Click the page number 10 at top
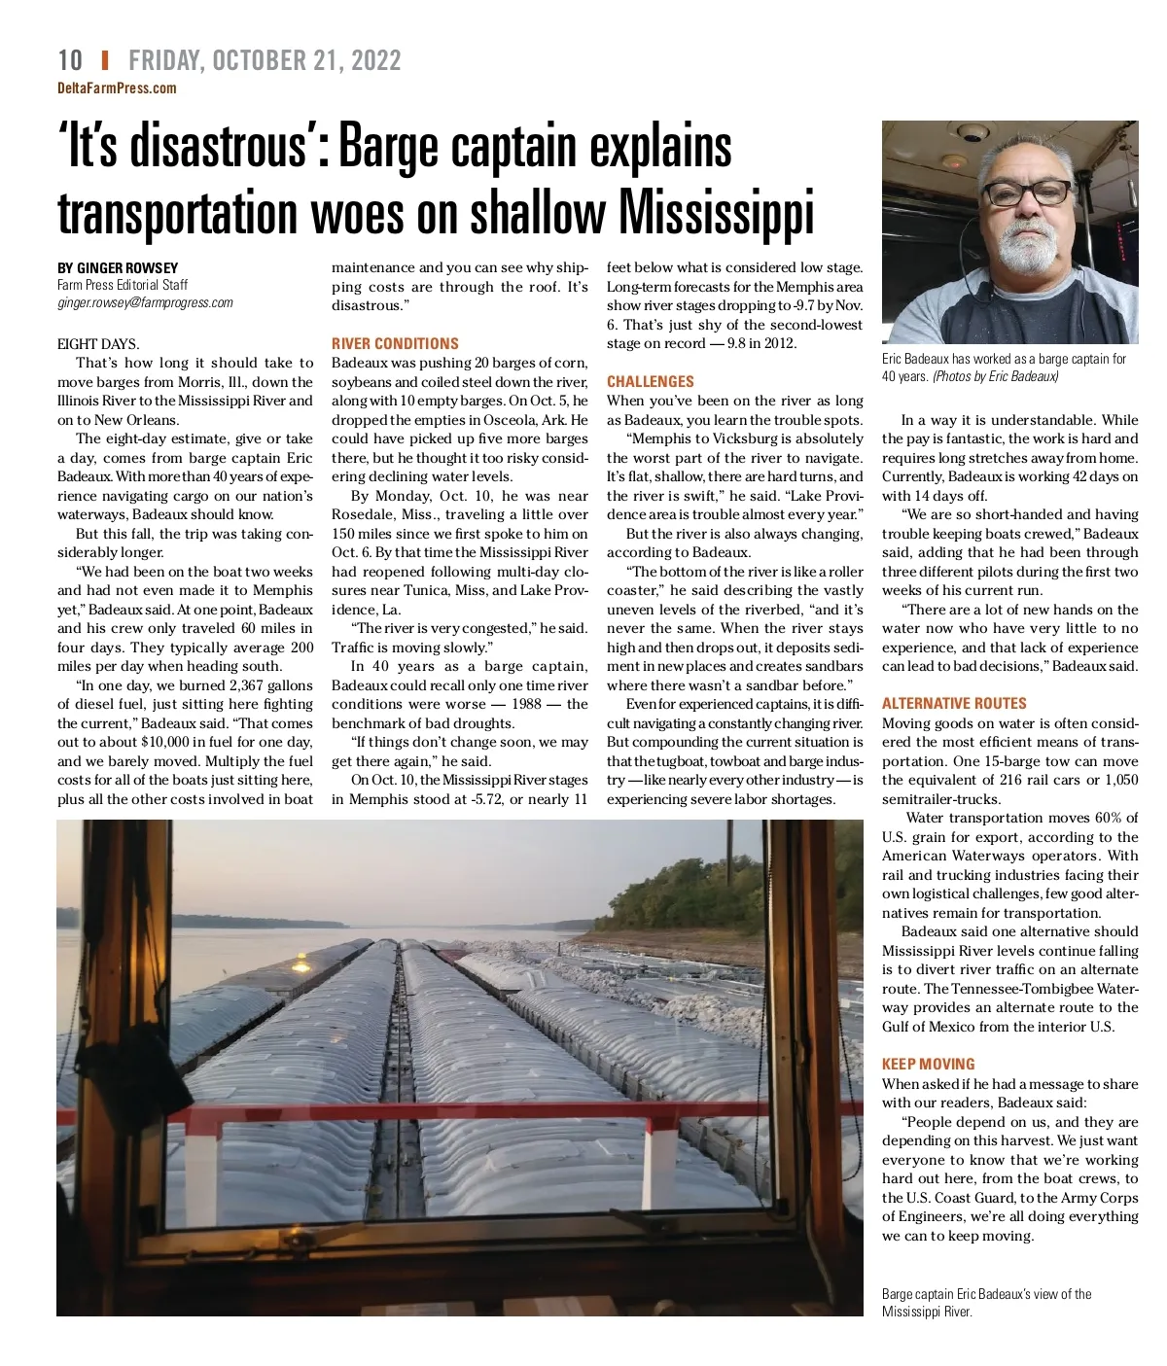click(x=70, y=60)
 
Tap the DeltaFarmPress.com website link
click(x=117, y=88)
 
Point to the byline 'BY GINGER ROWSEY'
click(x=118, y=267)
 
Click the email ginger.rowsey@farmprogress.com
click(x=145, y=302)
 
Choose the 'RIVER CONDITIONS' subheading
click(x=395, y=343)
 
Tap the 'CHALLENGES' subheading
click(x=650, y=381)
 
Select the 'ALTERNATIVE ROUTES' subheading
click(x=954, y=703)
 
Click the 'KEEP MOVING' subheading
click(x=928, y=1064)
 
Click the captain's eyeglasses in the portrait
click(x=1026, y=193)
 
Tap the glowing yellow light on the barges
click(x=301, y=964)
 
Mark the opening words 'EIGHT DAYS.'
click(x=98, y=344)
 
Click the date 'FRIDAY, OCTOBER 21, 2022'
click(x=265, y=60)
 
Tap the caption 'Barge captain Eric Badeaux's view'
click(x=986, y=1294)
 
